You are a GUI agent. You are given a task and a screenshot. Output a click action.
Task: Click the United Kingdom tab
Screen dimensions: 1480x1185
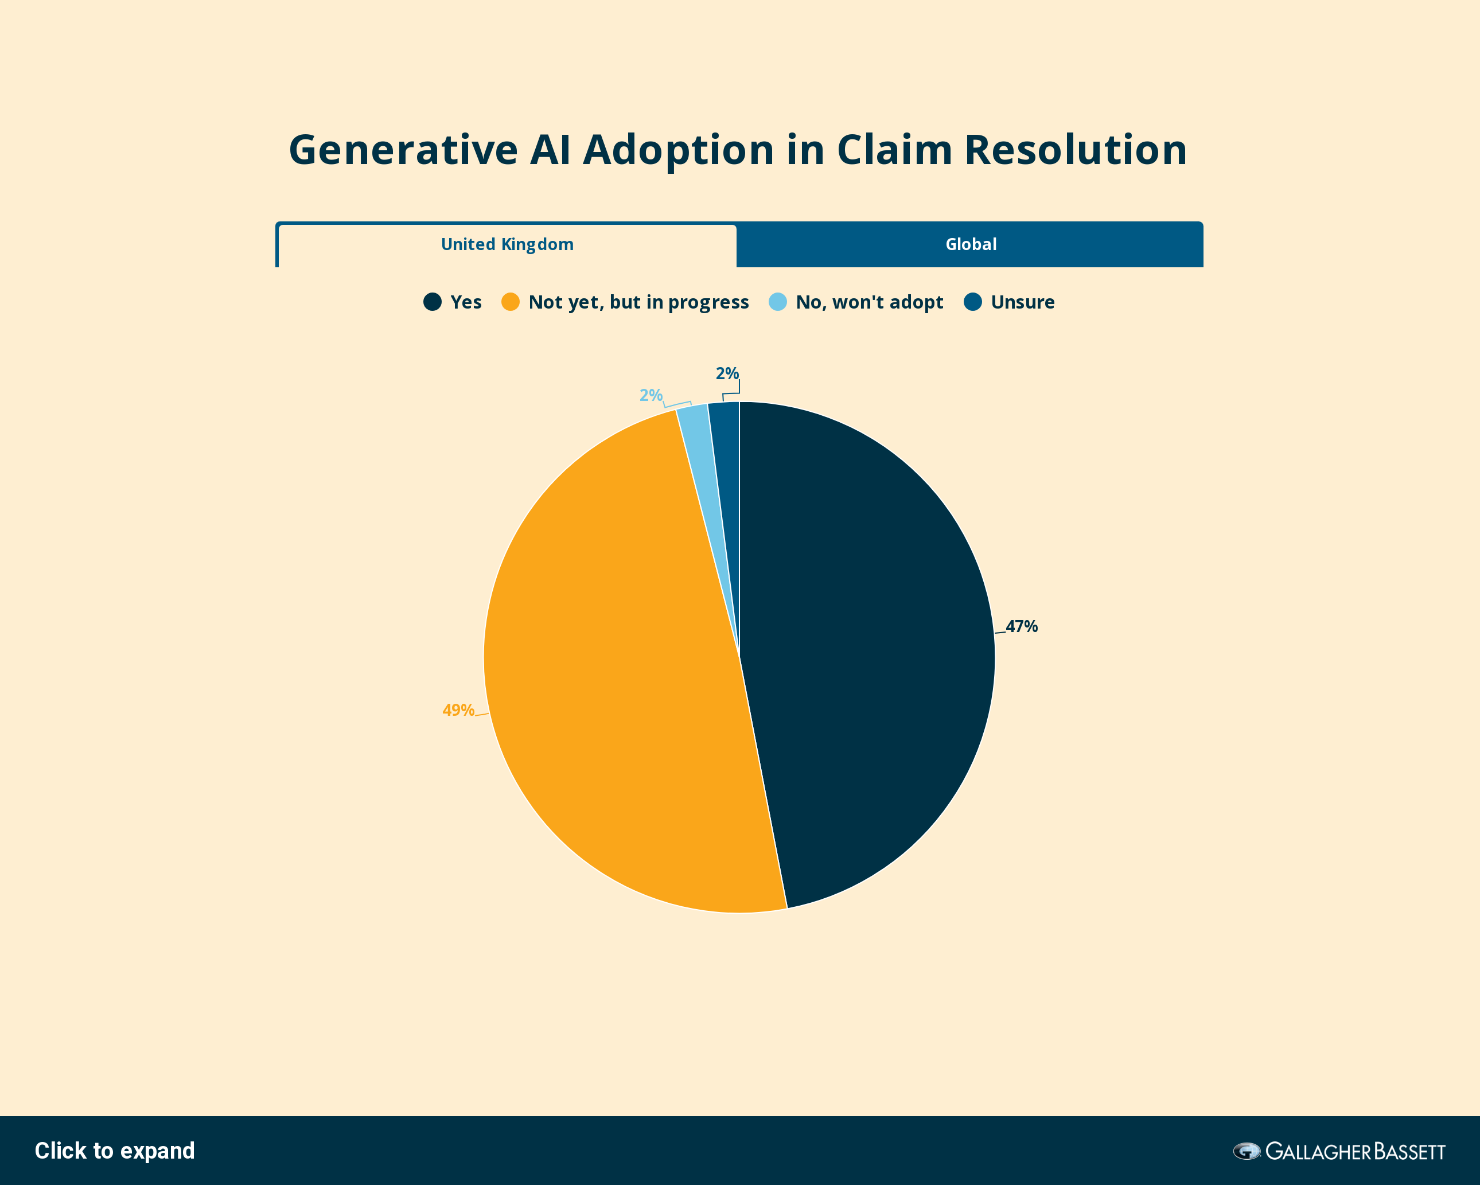(507, 245)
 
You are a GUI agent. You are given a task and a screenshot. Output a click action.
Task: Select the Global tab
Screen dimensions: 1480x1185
(970, 244)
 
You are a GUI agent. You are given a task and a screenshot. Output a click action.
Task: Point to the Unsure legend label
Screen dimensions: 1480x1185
(1023, 302)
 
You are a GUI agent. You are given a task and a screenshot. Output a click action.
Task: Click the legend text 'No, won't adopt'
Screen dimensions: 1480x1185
(869, 302)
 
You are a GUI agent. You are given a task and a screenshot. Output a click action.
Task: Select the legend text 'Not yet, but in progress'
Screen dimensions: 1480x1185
(638, 303)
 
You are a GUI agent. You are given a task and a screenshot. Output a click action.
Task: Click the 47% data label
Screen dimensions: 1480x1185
(1022, 626)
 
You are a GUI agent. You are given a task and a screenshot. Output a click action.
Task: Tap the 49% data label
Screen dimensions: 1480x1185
(458, 710)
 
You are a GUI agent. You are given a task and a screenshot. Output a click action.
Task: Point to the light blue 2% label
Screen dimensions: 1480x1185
(651, 395)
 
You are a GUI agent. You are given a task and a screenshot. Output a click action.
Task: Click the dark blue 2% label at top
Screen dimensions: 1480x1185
(727, 373)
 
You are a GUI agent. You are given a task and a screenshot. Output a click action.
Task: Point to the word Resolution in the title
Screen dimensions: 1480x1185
(1076, 150)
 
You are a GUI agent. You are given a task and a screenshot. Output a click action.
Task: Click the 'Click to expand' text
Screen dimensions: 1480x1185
(115, 1151)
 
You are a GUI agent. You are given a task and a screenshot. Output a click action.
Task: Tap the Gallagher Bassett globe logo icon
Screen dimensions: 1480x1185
(1247, 1151)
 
